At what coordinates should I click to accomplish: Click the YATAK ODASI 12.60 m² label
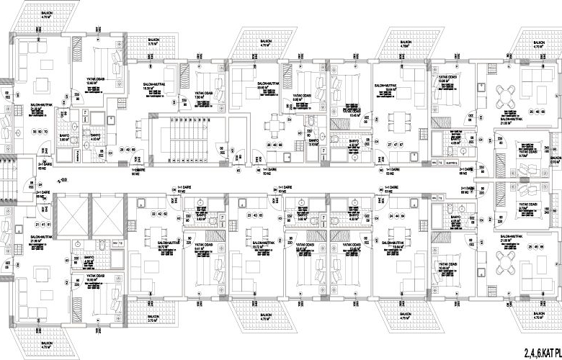point(92,81)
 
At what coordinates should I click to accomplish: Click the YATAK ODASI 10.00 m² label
point(439,79)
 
